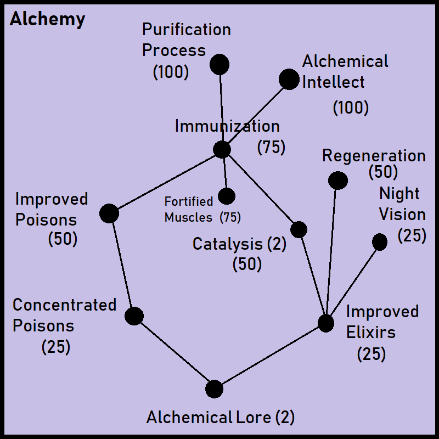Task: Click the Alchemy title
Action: click(48, 20)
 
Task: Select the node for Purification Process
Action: click(219, 65)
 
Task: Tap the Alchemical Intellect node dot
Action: click(289, 79)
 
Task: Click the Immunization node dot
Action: click(222, 149)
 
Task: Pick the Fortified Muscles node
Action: click(226, 196)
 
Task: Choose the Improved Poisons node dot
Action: click(109, 213)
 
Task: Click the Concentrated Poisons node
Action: click(134, 316)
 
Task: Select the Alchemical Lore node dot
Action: click(214, 389)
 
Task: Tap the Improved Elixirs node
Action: click(326, 323)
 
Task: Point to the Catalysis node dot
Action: click(299, 229)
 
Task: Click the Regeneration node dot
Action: click(337, 180)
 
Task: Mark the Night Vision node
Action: click(379, 242)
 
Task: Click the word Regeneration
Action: click(374, 156)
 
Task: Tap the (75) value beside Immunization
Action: click(271, 147)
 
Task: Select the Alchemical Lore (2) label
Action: click(221, 418)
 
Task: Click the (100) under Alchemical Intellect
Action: click(351, 108)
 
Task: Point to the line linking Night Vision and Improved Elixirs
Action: click(352, 283)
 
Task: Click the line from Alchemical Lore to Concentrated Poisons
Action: click(174, 352)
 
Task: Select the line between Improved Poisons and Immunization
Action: click(165, 182)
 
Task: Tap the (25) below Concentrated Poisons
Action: click(56, 347)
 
